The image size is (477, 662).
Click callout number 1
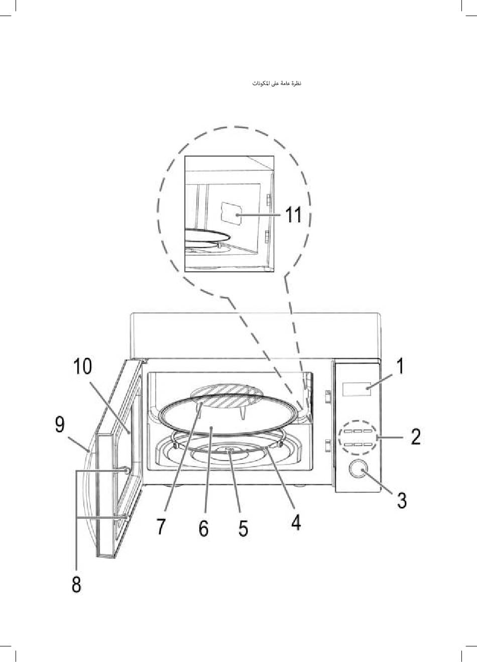(x=400, y=366)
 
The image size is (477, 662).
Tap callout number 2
(x=415, y=436)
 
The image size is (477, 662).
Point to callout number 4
(x=296, y=522)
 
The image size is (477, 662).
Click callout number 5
(x=243, y=528)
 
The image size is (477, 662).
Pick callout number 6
(x=203, y=528)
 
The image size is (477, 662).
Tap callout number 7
(x=161, y=526)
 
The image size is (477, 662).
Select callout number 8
(x=76, y=584)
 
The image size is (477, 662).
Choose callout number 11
(x=294, y=215)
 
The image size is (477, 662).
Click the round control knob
(x=357, y=469)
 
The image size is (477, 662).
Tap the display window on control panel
(x=356, y=388)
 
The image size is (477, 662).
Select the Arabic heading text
(x=276, y=82)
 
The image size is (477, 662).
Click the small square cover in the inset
(x=230, y=213)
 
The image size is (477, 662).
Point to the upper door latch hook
(x=125, y=470)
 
